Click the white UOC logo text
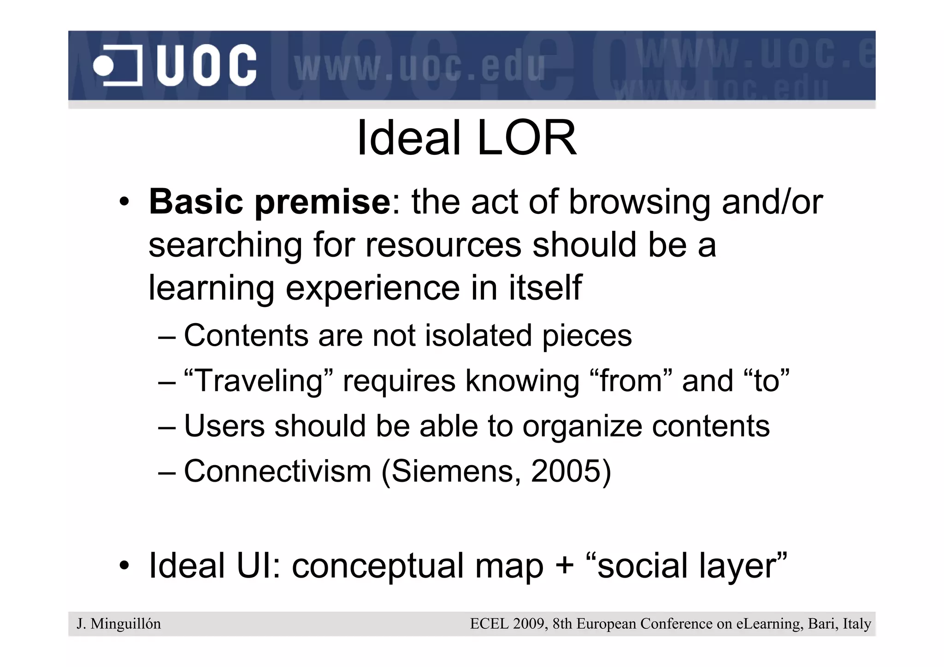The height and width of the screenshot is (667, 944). [206, 65]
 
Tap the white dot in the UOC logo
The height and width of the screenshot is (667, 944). [103, 66]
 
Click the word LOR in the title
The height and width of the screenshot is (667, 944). [526, 138]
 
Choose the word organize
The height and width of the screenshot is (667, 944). [582, 425]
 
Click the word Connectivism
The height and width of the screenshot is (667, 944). [277, 471]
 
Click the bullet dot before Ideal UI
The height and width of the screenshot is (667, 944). [124, 566]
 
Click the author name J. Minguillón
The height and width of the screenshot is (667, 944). [119, 624]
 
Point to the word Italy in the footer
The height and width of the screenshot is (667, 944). [857, 624]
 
